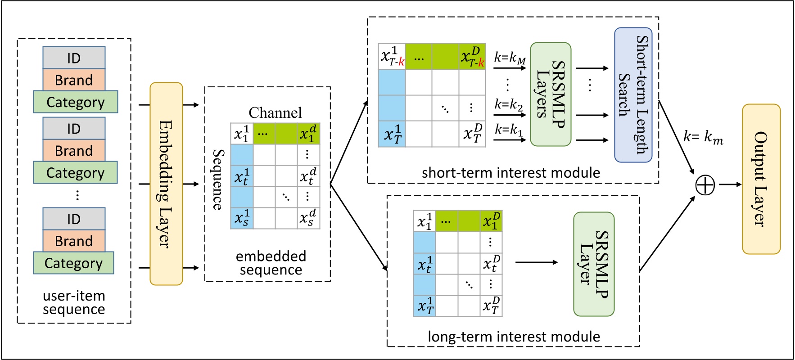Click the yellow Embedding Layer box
(166, 184)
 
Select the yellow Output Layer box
(761, 179)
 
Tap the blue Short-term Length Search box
(633, 95)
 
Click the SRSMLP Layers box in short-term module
(551, 94)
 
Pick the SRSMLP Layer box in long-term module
(594, 264)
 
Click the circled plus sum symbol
(705, 185)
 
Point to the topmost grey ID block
(74, 58)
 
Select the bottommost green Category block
(73, 263)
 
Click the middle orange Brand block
(74, 151)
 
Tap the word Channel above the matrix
(275, 112)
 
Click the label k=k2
(509, 104)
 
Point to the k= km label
(703, 136)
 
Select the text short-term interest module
(510, 173)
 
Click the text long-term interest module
(514, 337)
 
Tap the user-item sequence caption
(74, 302)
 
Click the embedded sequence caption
(271, 263)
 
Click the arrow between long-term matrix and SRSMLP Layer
(537, 262)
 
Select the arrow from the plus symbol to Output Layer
(729, 184)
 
